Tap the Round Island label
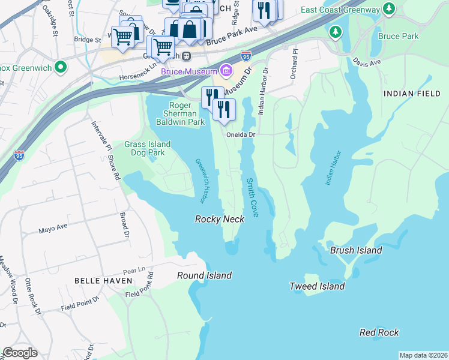(204, 275)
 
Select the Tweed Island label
(317, 286)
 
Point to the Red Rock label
(379, 332)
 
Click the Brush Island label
(356, 250)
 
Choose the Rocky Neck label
(220, 219)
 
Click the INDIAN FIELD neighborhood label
(412, 93)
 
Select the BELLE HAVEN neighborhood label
(98, 280)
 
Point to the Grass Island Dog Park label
(148, 148)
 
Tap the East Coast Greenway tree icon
(389, 9)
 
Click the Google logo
(20, 353)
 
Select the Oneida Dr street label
(241, 135)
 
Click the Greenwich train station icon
(187, 56)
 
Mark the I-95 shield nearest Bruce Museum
(246, 56)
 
